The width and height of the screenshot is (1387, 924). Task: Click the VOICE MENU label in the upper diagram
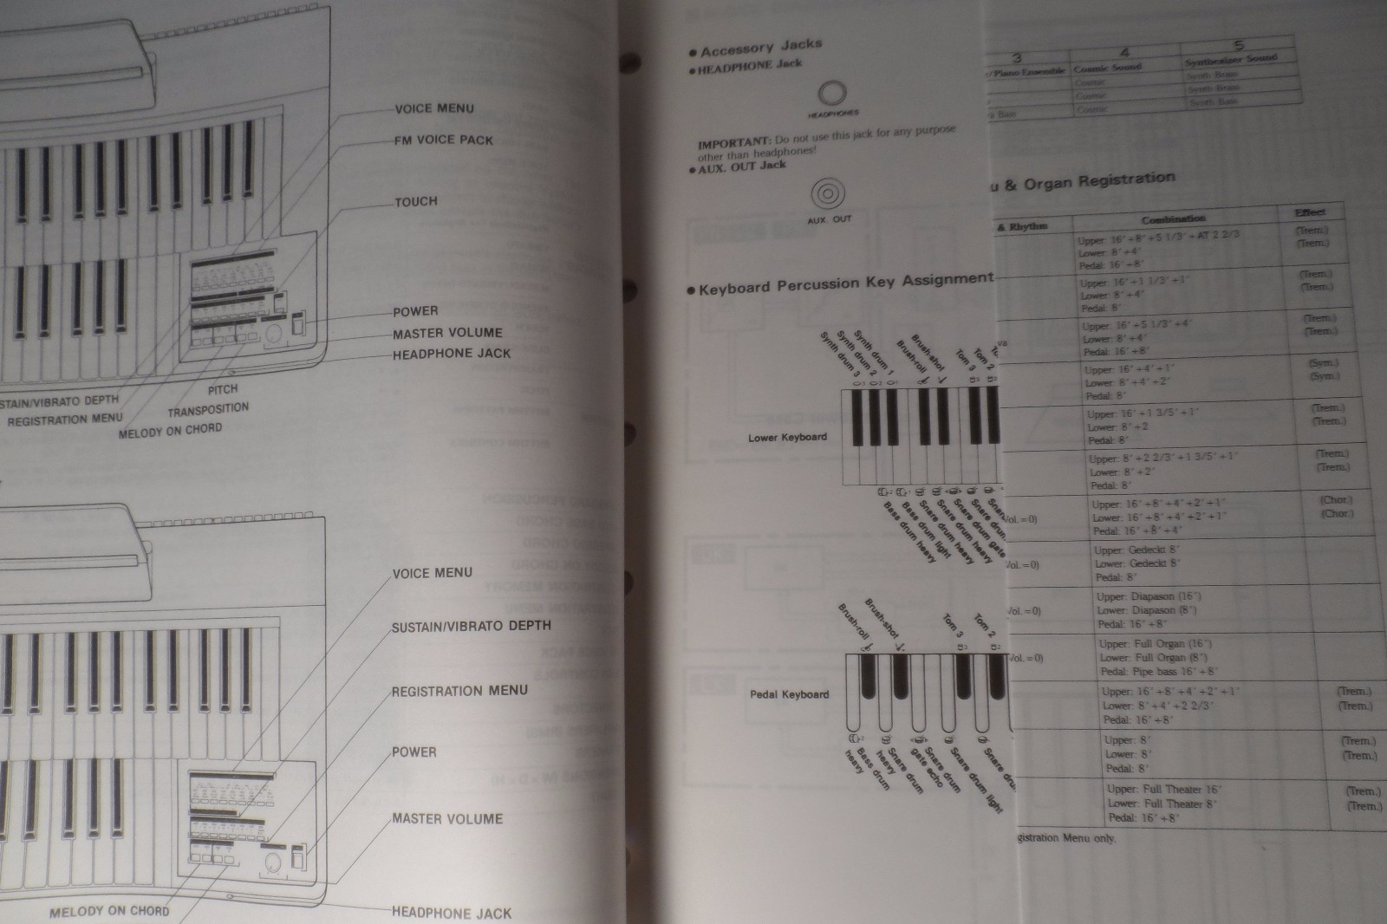tap(433, 108)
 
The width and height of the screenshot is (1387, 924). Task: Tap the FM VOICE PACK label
tap(443, 140)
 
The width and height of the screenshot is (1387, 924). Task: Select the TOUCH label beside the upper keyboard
tap(416, 201)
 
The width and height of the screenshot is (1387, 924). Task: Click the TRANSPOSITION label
tap(208, 409)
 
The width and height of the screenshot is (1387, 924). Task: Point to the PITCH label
tap(223, 389)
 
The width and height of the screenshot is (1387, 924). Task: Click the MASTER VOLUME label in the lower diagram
tap(446, 818)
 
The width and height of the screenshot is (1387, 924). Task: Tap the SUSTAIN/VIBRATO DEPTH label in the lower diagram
tap(471, 626)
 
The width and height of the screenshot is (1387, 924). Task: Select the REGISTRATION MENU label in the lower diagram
tap(459, 691)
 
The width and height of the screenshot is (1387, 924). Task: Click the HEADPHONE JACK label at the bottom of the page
tap(451, 912)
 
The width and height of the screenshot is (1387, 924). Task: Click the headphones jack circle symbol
tap(832, 94)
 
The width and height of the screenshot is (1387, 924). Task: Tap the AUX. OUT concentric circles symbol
tap(828, 193)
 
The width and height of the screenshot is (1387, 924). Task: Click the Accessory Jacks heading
tap(761, 48)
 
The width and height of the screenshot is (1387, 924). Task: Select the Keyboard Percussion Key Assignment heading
tap(845, 283)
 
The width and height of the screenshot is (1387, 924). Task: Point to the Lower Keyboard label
tap(787, 437)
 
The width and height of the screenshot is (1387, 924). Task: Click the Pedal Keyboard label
tap(789, 694)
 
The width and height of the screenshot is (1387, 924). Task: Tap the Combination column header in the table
tap(1173, 218)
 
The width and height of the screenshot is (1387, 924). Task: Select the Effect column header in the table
tap(1309, 212)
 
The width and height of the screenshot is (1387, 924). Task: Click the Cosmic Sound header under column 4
tap(1108, 67)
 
